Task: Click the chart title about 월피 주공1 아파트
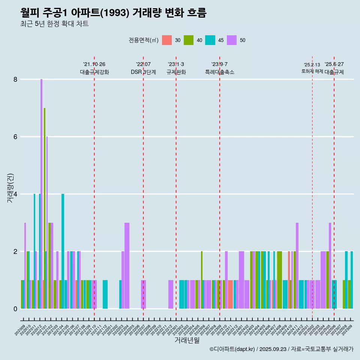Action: (x=113, y=13)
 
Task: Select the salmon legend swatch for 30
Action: (x=167, y=40)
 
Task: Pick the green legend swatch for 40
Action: (x=189, y=40)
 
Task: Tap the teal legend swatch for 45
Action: (x=210, y=40)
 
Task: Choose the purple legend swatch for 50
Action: (x=232, y=40)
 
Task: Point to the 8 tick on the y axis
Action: (x=15, y=79)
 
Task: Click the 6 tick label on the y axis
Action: (x=15, y=137)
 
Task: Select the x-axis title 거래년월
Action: (x=187, y=340)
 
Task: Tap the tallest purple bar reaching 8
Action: (x=42, y=187)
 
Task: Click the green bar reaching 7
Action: (x=45, y=206)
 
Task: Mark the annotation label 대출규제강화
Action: (x=94, y=72)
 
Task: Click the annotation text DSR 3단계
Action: (x=143, y=72)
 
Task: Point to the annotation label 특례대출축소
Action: (x=220, y=72)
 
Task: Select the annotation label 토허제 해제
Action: (x=312, y=71)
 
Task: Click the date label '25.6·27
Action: (x=334, y=64)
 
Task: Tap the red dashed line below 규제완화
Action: (x=176, y=187)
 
